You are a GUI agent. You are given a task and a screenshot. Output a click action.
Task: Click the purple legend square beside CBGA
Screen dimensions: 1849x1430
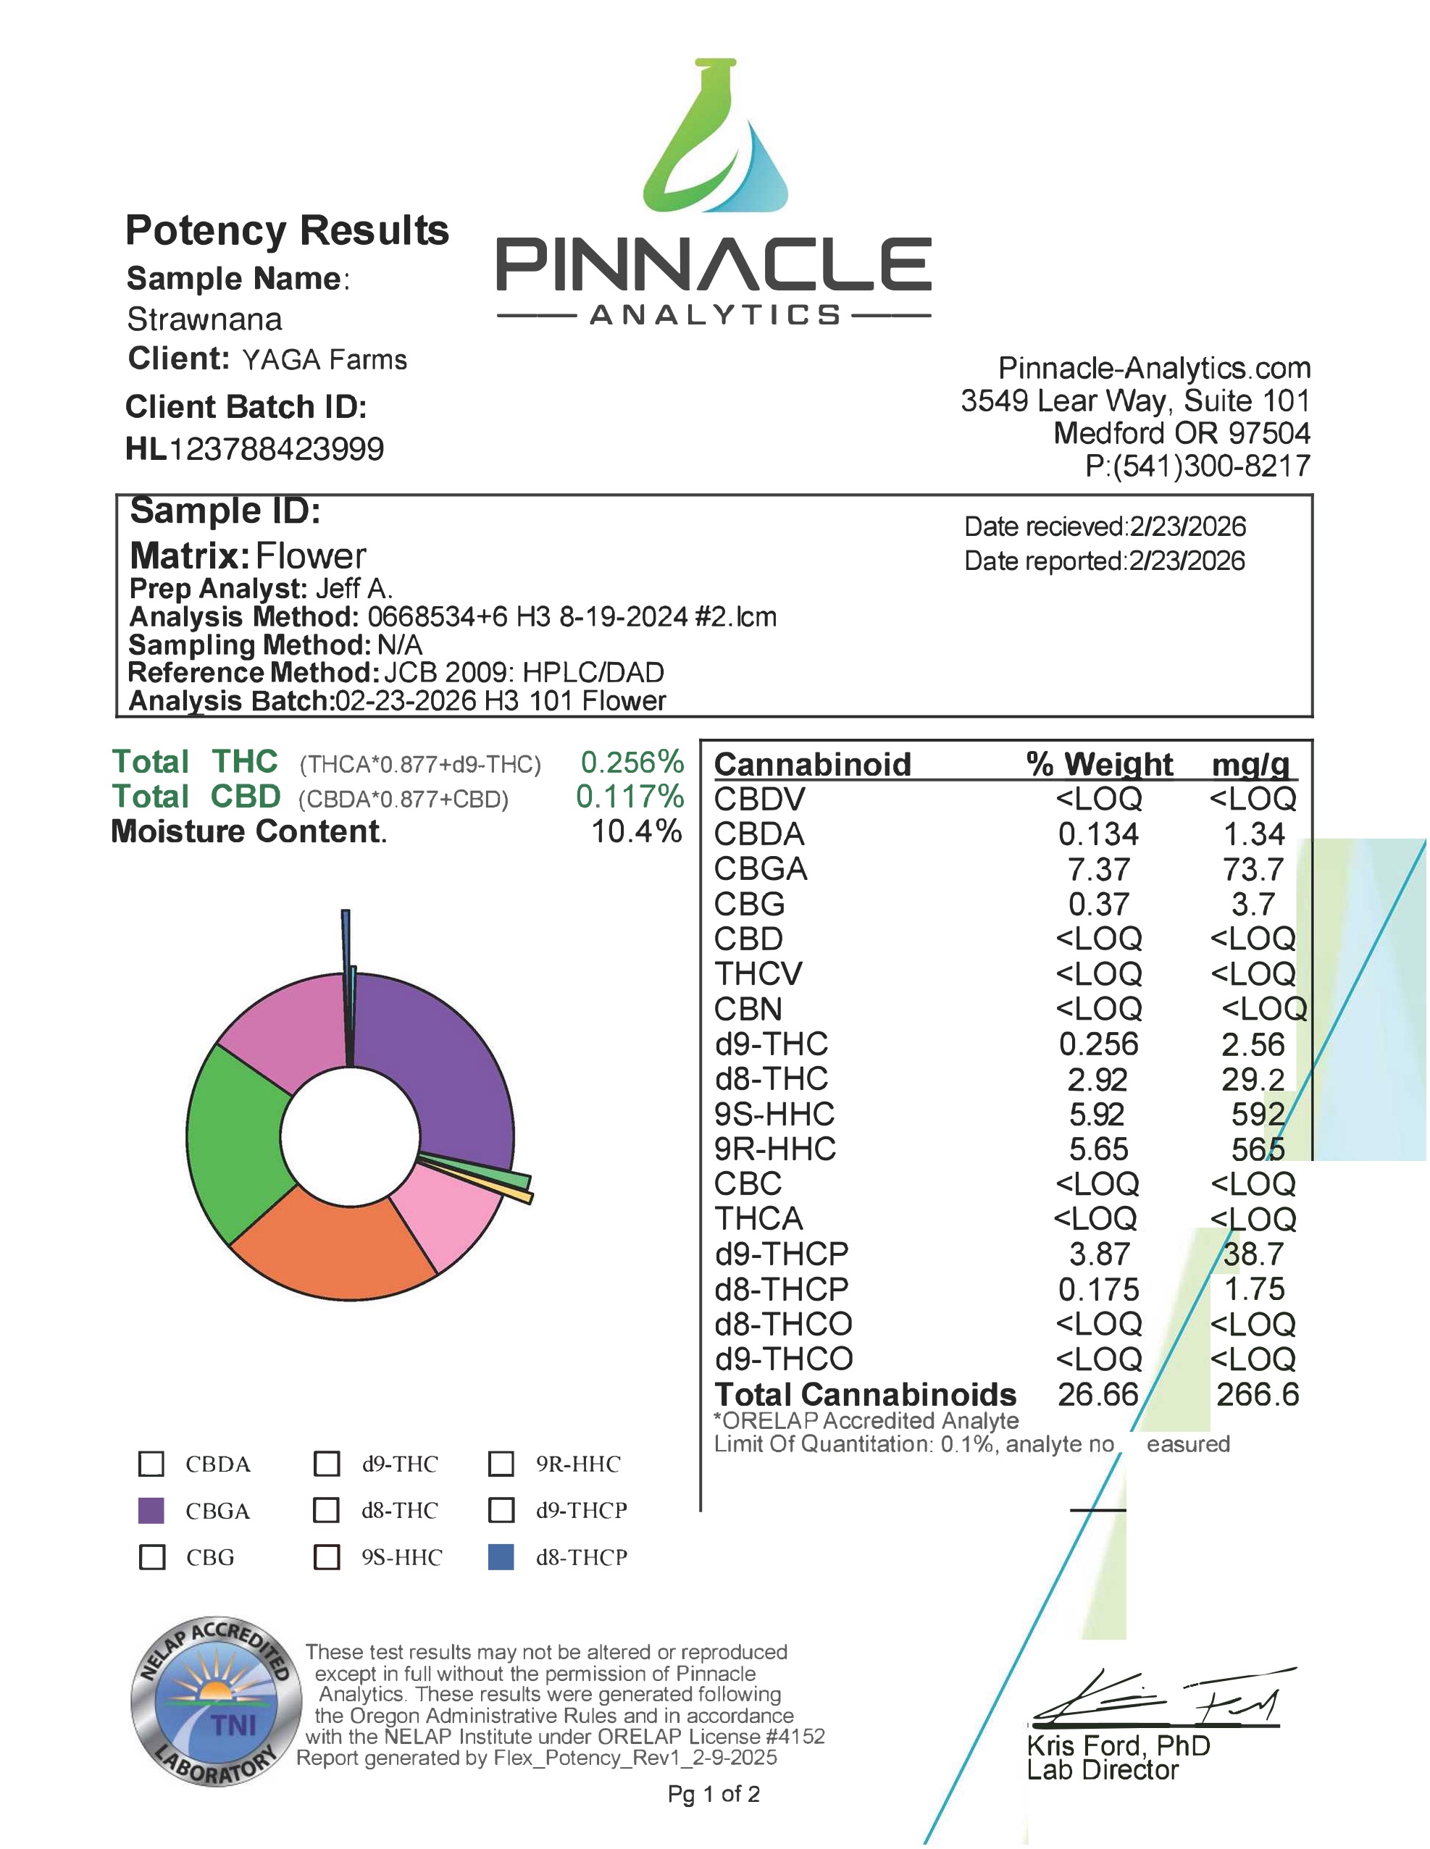tap(151, 1510)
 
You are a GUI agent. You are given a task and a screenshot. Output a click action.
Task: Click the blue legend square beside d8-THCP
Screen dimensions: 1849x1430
tap(501, 1557)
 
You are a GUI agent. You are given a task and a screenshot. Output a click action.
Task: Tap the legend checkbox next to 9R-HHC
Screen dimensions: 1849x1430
tap(501, 1464)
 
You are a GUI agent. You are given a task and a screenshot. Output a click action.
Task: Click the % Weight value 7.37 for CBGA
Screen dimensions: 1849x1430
tap(1098, 870)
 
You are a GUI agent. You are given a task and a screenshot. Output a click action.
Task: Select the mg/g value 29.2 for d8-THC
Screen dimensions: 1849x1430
tap(1253, 1079)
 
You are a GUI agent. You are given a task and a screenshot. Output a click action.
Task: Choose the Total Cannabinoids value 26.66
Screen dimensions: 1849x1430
tap(1097, 1394)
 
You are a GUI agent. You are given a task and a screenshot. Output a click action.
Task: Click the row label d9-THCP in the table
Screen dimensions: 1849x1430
tap(781, 1254)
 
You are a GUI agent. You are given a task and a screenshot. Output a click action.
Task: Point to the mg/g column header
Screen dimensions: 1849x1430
tap(1250, 765)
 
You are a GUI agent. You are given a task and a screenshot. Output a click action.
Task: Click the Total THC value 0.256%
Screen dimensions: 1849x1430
tap(632, 763)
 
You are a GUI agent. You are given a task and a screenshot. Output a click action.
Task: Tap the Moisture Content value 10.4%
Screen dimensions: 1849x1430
tap(636, 831)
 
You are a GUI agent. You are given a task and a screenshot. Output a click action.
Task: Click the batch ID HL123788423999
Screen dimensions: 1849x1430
tap(255, 449)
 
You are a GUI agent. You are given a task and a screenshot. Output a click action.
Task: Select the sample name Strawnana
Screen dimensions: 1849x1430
tap(204, 319)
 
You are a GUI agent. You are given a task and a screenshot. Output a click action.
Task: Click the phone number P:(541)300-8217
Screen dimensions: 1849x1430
tap(1197, 466)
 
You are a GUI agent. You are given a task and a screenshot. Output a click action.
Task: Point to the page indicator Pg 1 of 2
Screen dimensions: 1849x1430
tap(714, 1794)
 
